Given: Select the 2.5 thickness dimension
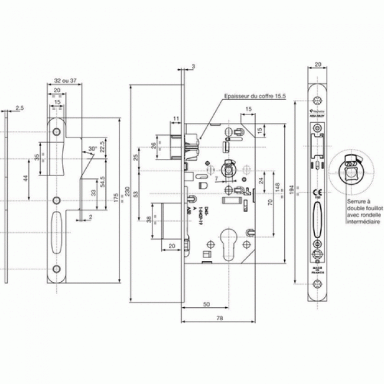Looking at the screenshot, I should (x=19, y=108).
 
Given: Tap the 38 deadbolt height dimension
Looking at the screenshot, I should (x=147, y=221).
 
